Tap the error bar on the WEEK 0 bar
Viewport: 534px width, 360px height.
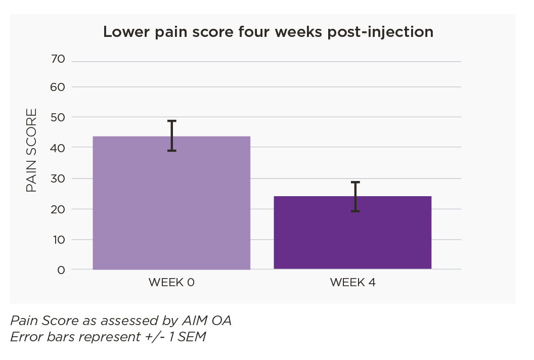[x=172, y=136]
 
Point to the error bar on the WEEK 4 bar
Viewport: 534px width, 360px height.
[x=355, y=196]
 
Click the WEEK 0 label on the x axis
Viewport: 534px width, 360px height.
[x=171, y=283]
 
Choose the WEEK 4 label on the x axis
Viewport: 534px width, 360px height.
[x=352, y=283]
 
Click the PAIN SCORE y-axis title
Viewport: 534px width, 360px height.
[x=31, y=150]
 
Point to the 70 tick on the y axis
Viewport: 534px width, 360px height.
[x=58, y=59]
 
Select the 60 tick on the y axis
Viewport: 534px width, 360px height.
[x=58, y=86]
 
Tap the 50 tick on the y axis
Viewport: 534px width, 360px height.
[x=58, y=117]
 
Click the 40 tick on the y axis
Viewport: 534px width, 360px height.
[x=58, y=147]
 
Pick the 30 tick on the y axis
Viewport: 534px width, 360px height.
[x=58, y=178]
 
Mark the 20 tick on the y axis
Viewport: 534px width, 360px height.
[x=58, y=209]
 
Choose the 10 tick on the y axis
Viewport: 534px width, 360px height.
[x=58, y=239]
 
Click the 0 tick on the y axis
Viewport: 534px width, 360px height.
[x=61, y=269]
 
